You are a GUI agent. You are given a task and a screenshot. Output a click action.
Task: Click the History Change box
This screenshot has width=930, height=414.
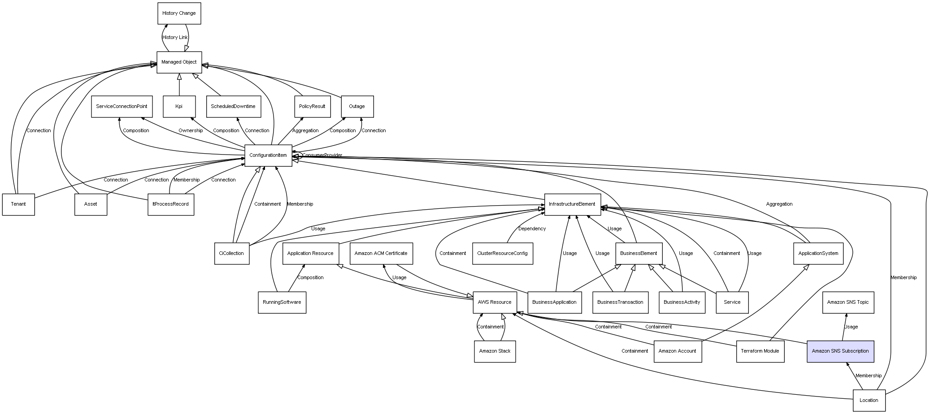click(x=179, y=13)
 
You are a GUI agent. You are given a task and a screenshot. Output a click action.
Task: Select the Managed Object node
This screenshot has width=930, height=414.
click(x=179, y=62)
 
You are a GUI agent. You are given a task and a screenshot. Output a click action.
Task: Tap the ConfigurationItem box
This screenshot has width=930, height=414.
click(x=268, y=155)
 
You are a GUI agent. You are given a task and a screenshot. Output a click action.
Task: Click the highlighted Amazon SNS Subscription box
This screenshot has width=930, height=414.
click(x=840, y=351)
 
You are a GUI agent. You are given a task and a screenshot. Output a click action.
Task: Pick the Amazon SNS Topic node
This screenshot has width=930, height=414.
click(x=847, y=302)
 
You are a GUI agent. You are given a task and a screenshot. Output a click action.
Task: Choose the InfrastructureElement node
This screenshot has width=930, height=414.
click(x=572, y=204)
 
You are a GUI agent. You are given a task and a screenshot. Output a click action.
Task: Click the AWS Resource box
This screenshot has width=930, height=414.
click(x=495, y=302)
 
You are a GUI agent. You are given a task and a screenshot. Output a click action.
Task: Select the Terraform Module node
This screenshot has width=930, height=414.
click(x=760, y=351)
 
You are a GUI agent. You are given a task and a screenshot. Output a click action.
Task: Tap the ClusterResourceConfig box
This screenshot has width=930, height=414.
click(x=502, y=254)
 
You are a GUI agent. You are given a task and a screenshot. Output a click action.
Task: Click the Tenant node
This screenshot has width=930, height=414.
click(x=18, y=204)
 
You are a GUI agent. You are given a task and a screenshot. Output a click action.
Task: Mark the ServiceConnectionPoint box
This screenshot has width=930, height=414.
click(x=122, y=107)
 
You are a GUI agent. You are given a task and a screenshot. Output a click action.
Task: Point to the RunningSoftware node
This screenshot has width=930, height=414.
click(x=282, y=302)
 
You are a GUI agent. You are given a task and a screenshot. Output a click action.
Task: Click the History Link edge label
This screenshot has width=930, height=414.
click(x=175, y=38)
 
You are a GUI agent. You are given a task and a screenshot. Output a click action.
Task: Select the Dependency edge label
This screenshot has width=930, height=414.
click(x=532, y=229)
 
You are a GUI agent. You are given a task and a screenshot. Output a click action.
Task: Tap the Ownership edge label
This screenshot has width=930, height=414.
click(x=191, y=131)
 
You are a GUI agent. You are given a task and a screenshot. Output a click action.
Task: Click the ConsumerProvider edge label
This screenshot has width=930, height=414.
click(x=322, y=155)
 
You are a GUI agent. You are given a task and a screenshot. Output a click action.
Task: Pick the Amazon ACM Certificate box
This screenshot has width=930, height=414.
click(x=381, y=254)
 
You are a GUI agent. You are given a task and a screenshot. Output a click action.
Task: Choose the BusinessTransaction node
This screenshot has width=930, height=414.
click(x=620, y=302)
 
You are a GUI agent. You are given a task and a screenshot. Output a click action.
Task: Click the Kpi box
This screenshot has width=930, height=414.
click(x=179, y=107)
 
